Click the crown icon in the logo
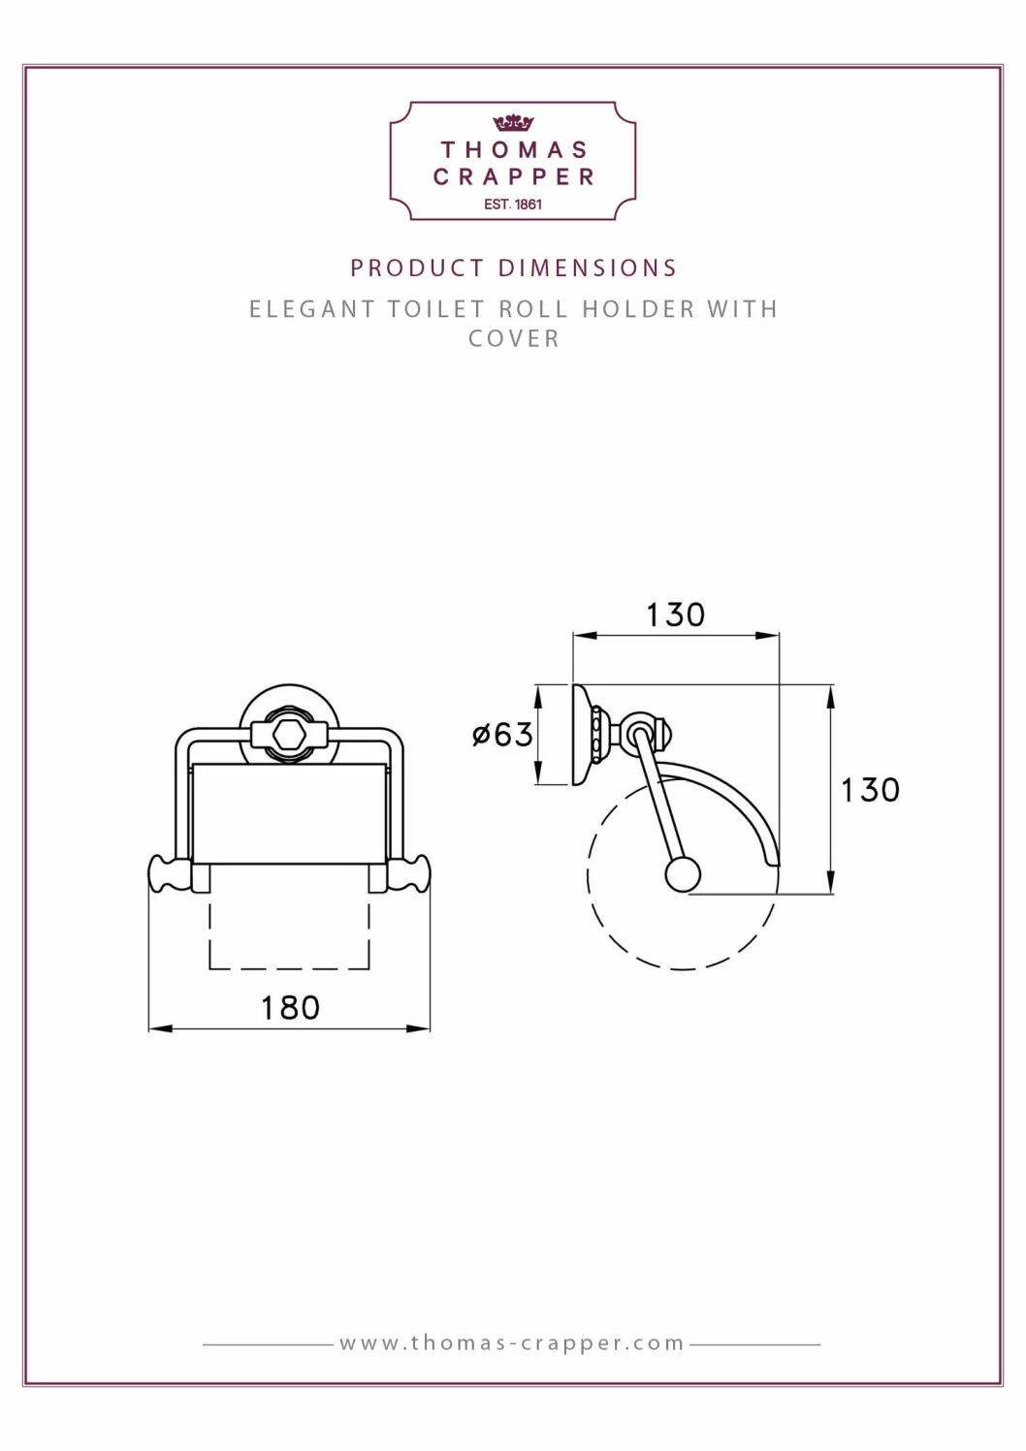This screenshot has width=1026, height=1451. (513, 123)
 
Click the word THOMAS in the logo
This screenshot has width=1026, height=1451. (514, 150)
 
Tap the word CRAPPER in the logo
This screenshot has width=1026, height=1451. (514, 177)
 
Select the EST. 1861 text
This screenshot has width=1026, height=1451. (513, 205)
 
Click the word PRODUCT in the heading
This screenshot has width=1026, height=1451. (418, 268)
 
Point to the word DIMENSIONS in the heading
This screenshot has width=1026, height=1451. (588, 268)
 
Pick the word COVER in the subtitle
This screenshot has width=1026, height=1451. (514, 339)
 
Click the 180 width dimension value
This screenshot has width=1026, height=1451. (290, 1008)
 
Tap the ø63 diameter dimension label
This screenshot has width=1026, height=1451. (502, 735)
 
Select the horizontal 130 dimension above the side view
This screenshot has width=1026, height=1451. (676, 615)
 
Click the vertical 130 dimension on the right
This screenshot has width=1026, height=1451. (870, 790)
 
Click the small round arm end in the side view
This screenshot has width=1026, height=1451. (683, 875)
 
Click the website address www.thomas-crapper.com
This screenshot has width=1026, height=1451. (512, 1343)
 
